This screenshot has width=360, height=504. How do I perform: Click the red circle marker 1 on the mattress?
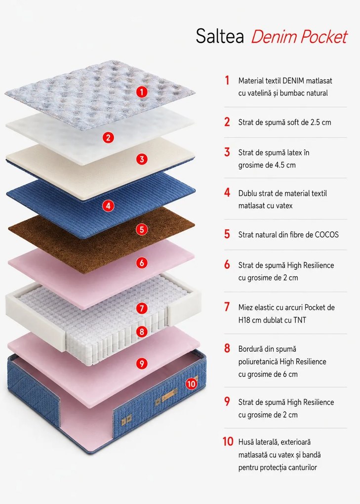click(142, 92)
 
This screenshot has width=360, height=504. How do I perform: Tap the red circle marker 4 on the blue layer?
click(108, 206)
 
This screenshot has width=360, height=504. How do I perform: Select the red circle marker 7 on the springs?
click(142, 308)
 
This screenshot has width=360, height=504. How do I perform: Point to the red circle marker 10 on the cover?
click(192, 384)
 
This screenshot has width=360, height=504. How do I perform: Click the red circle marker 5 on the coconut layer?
click(142, 230)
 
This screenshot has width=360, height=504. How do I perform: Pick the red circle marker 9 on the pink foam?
click(142, 364)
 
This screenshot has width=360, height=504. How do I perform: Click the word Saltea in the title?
click(220, 36)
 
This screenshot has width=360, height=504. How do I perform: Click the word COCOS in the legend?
click(326, 235)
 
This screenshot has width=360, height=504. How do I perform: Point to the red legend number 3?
click(227, 152)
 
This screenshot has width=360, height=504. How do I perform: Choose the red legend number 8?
click(227, 348)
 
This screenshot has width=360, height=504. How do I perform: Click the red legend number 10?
click(228, 441)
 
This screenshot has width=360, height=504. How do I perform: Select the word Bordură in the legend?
click(251, 349)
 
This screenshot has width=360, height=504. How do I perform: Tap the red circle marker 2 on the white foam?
click(108, 137)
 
